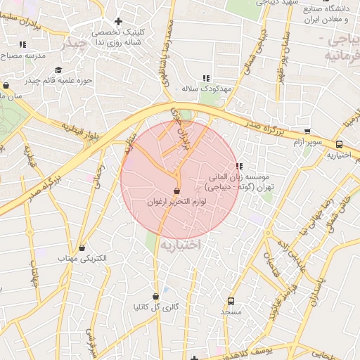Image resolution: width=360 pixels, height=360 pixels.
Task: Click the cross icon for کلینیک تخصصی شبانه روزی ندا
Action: (118, 22)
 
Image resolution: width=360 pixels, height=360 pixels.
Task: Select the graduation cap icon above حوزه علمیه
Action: (58, 70)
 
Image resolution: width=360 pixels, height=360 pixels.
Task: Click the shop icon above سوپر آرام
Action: (307, 131)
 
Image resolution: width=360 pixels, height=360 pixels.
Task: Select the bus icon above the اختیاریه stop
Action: (340, 145)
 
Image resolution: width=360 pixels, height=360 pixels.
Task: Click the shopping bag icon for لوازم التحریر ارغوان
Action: (176, 191)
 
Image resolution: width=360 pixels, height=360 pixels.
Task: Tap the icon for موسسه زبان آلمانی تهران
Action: (239, 167)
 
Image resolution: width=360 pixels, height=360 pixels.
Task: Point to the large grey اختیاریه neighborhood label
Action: (180, 245)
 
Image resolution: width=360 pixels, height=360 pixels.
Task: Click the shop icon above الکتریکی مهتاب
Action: (83, 247)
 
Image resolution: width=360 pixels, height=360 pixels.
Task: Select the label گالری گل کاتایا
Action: (156, 308)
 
